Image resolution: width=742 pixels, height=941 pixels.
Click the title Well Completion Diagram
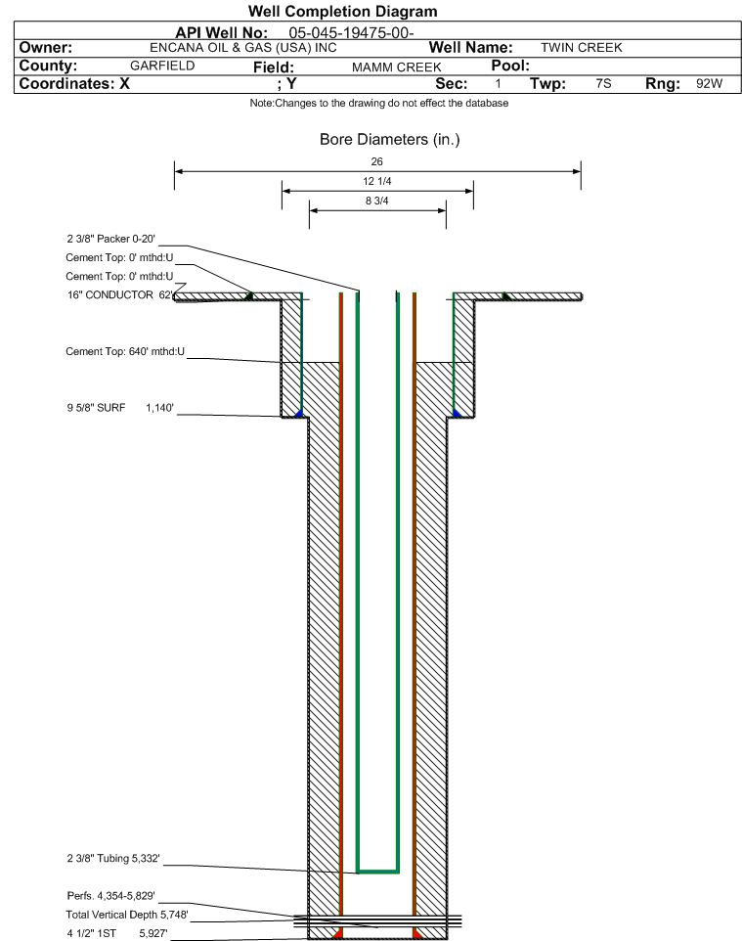pyautogui.click(x=342, y=12)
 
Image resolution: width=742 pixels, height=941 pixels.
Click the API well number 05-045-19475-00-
pyautogui.click(x=352, y=33)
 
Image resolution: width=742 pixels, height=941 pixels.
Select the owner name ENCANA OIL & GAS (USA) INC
pyautogui.click(x=243, y=48)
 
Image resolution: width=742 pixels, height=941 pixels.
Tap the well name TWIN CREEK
pyautogui.click(x=582, y=47)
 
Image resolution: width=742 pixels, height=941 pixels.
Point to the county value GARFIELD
pyautogui.click(x=162, y=66)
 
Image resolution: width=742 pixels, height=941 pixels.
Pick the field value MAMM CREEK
pyautogui.click(x=397, y=67)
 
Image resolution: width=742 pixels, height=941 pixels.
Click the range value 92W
pyautogui.click(x=709, y=83)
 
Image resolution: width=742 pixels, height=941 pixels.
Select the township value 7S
pyautogui.click(x=603, y=83)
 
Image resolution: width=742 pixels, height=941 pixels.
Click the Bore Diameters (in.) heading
pyautogui.click(x=390, y=140)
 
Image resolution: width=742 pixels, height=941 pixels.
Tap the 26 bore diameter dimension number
pyautogui.click(x=376, y=161)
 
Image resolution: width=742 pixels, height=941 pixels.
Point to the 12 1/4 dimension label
pyautogui.click(x=377, y=181)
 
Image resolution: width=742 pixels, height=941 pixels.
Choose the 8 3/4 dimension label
pyautogui.click(x=377, y=202)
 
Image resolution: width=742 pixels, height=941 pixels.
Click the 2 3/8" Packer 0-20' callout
pyautogui.click(x=111, y=239)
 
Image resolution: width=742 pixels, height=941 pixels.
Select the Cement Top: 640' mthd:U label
pyautogui.click(x=125, y=352)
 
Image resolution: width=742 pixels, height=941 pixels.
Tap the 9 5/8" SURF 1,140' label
pyautogui.click(x=120, y=408)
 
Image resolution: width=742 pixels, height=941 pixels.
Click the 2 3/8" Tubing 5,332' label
pyautogui.click(x=113, y=859)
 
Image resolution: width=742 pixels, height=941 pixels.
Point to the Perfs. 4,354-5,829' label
pyautogui.click(x=111, y=896)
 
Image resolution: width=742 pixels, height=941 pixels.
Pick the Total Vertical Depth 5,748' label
pyautogui.click(x=127, y=916)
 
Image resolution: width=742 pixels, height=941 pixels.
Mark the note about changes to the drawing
pyautogui.click(x=379, y=104)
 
